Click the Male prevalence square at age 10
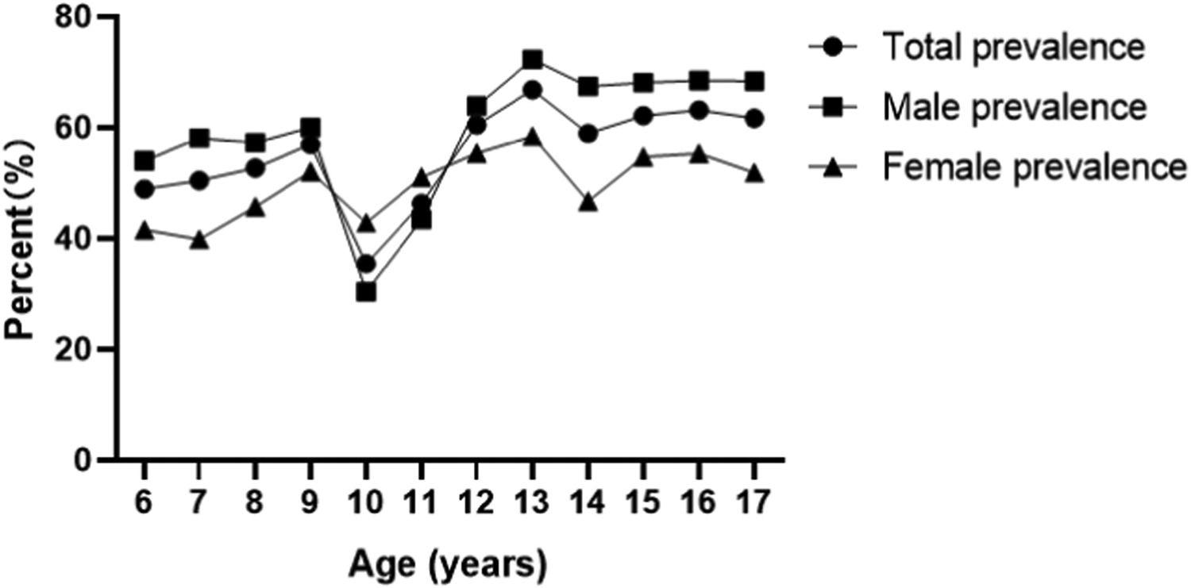tap(366, 292)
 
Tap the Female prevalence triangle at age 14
tap(588, 202)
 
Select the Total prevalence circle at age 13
tap(533, 90)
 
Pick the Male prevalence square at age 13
tap(533, 60)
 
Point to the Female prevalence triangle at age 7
tap(199, 240)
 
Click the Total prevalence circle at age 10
tap(366, 264)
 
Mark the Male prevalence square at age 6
tap(145, 161)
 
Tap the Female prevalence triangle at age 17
tap(754, 173)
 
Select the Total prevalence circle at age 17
tap(754, 119)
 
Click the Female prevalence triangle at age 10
tap(366, 224)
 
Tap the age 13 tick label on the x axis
tap(533, 503)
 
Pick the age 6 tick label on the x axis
tap(145, 503)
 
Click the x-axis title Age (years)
tap(448, 565)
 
